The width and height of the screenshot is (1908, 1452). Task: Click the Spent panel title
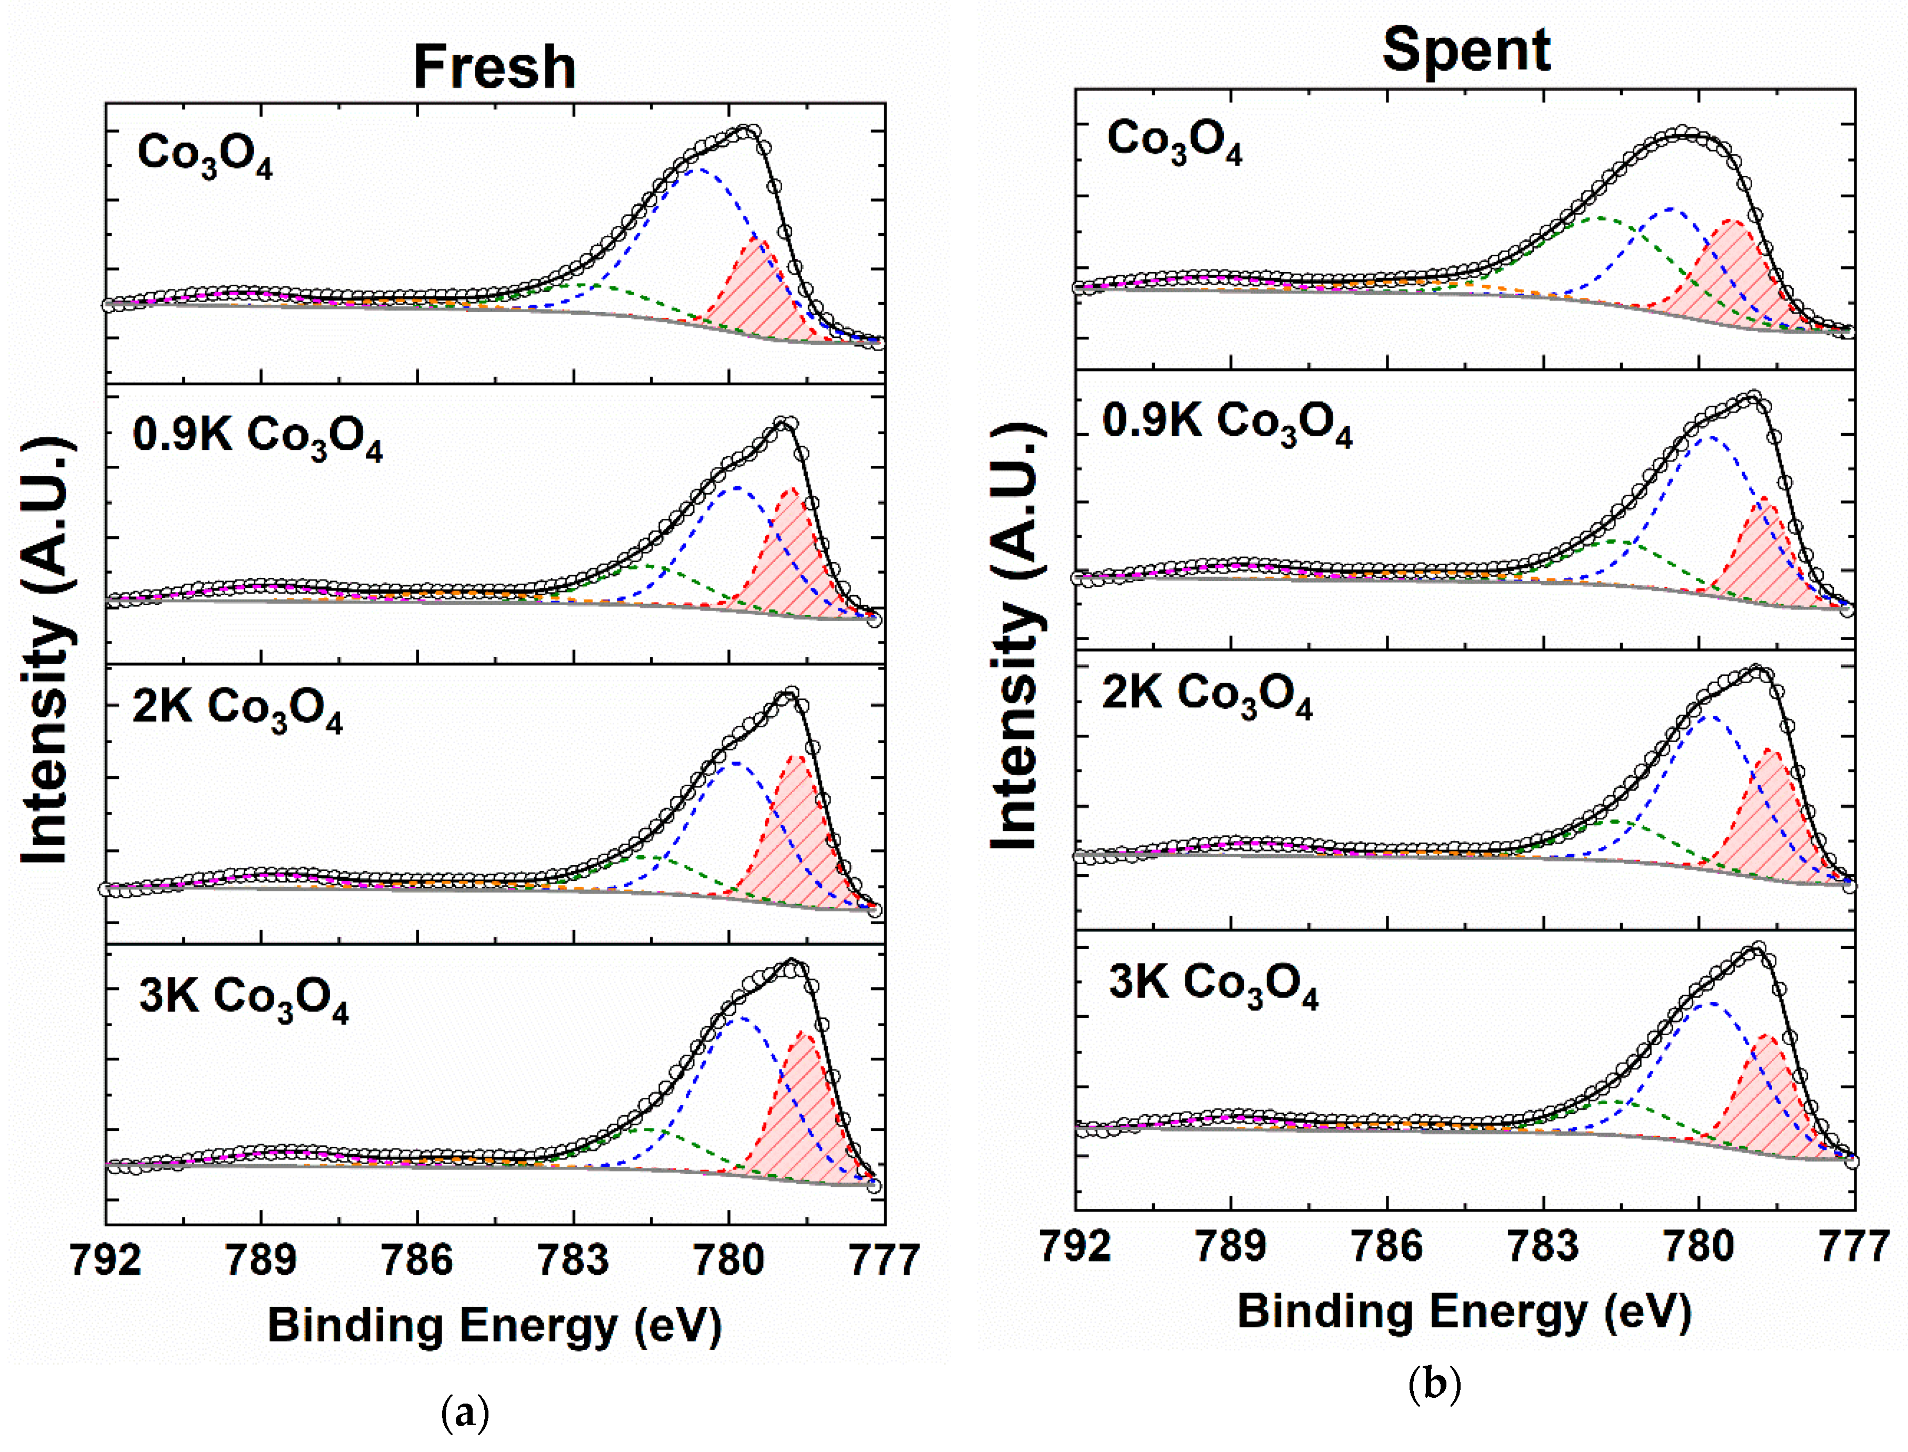(x=1466, y=50)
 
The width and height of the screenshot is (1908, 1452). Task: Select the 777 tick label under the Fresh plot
(x=884, y=1260)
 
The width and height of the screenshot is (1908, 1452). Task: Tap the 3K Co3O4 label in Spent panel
(x=1213, y=985)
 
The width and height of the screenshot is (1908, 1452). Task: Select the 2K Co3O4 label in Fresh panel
(x=237, y=709)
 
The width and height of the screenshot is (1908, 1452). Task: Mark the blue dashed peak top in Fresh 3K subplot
(x=742, y=1019)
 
